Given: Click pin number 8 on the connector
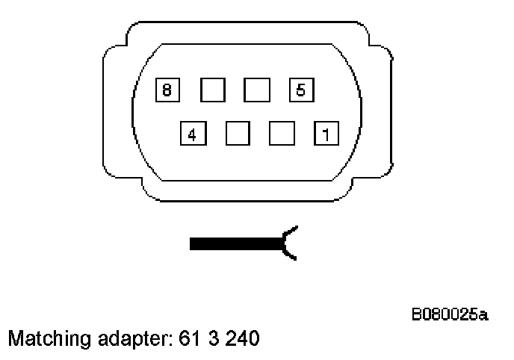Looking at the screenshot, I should (x=167, y=90).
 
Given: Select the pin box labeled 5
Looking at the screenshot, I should (x=300, y=90).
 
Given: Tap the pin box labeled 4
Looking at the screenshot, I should (x=192, y=134).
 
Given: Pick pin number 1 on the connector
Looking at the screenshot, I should (x=326, y=134).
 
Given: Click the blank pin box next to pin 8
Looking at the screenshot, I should (x=212, y=90).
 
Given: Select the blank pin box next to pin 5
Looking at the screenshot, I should (x=256, y=90).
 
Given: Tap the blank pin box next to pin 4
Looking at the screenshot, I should (x=237, y=134).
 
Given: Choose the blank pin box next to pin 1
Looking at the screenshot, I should (x=282, y=134).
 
